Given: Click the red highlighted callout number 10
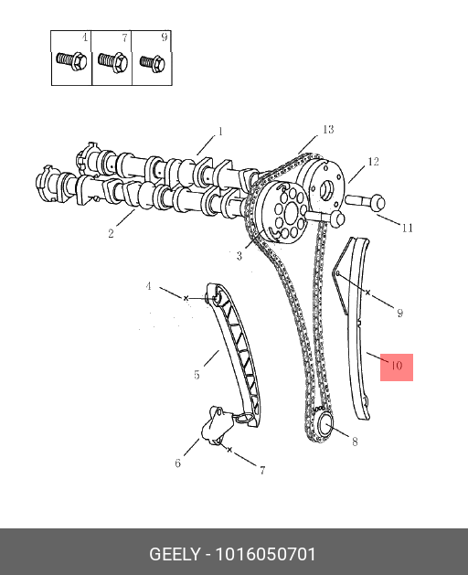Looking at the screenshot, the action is click(x=397, y=366).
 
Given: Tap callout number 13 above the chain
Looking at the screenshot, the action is click(x=328, y=130).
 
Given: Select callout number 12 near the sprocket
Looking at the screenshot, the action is click(x=373, y=162).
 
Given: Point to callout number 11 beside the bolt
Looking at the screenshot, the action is click(x=407, y=229).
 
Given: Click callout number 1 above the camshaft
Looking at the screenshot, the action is click(x=220, y=132).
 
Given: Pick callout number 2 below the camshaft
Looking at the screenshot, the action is click(x=112, y=233).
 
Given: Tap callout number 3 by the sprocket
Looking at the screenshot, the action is click(x=239, y=256).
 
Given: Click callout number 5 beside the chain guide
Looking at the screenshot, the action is click(x=197, y=375).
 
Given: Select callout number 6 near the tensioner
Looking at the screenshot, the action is click(x=178, y=463).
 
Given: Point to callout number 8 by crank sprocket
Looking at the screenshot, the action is click(x=355, y=442).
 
